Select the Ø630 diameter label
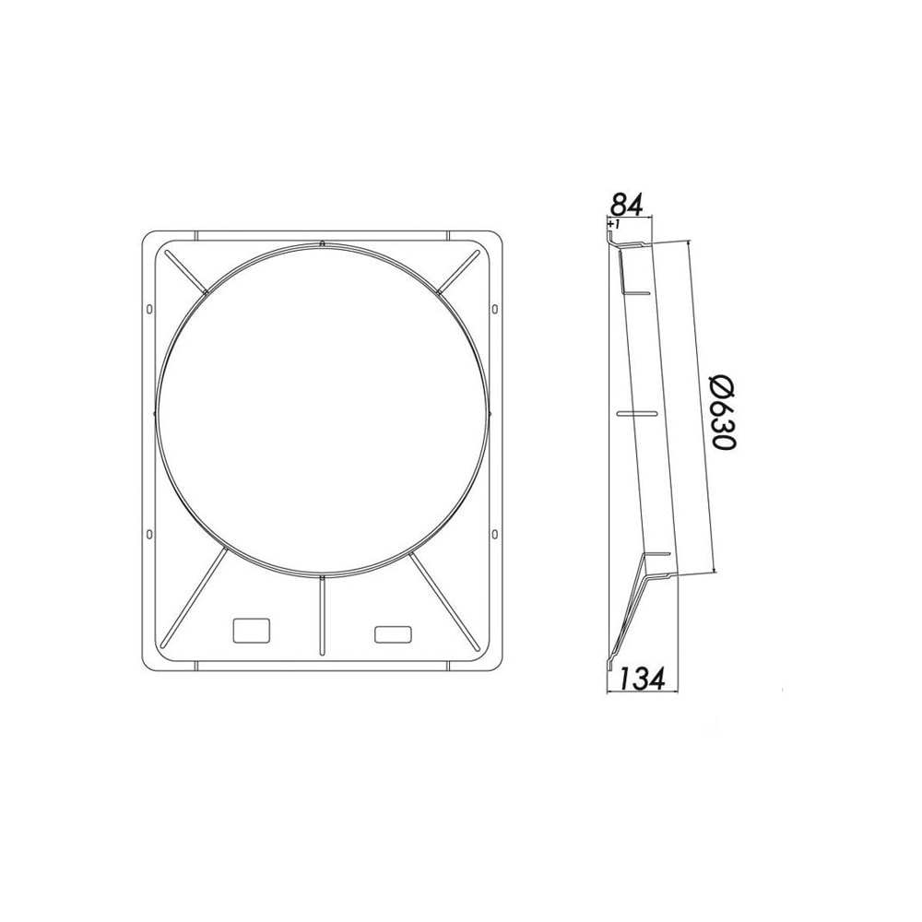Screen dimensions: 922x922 (724, 412)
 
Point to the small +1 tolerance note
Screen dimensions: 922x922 (614, 223)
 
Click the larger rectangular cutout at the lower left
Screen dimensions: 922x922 (251, 630)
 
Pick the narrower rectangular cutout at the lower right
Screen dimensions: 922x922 (394, 633)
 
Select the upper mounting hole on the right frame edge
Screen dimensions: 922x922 (495, 307)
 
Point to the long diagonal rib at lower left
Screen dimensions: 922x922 (195, 599)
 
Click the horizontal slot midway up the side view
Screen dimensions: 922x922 (635, 414)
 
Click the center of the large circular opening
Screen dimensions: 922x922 (321, 409)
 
